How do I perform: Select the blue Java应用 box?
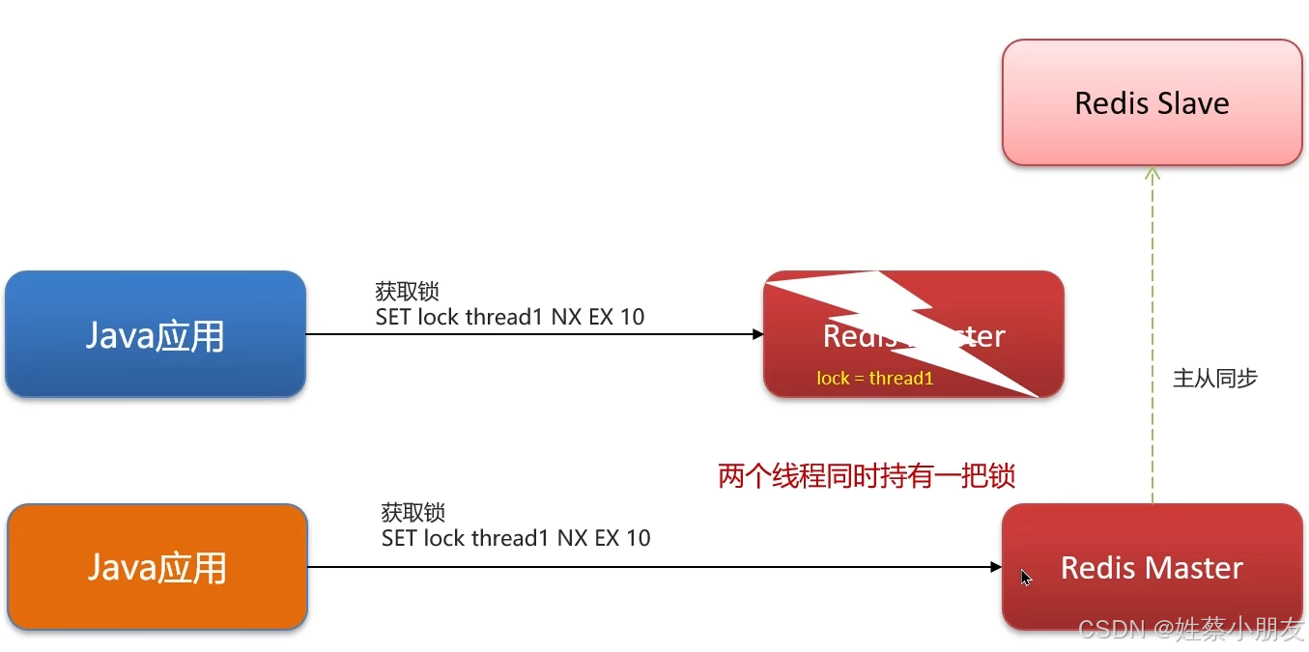coord(156,334)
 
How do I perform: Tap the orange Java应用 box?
coord(157,567)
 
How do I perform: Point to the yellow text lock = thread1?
coord(874,379)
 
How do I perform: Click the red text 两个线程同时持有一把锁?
coord(867,476)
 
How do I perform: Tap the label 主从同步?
coord(1214,379)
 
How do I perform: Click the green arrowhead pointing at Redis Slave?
coord(1152,174)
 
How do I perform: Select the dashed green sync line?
coord(1152,338)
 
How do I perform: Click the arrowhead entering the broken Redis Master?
coord(758,335)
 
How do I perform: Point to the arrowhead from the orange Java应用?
coord(996,567)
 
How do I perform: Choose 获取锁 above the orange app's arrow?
coord(413,513)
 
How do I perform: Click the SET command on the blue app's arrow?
coord(509,316)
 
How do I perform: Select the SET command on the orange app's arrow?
coord(515,537)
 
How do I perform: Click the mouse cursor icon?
coord(1026,578)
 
